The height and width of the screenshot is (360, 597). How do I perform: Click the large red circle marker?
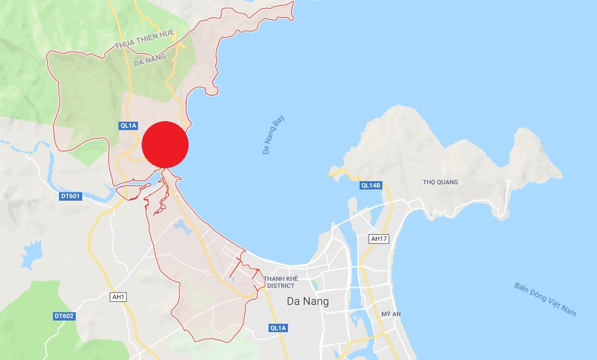[x=165, y=144]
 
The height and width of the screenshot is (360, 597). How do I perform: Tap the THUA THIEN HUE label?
[x=144, y=39]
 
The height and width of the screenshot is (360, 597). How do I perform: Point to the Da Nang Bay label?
[x=273, y=134]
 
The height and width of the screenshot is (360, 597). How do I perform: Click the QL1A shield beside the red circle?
[x=128, y=125]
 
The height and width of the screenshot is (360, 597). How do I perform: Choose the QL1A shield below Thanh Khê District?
[x=278, y=328]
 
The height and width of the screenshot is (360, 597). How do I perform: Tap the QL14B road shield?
[x=371, y=185]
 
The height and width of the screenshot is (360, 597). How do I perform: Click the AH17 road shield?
[x=379, y=239]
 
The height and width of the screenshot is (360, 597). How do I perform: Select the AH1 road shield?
[x=118, y=296]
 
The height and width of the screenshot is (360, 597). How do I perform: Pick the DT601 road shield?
[x=71, y=196]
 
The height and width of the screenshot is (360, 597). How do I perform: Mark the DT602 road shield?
[x=64, y=316]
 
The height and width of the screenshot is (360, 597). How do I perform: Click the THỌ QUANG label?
[x=440, y=182]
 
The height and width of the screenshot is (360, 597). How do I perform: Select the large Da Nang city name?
[x=308, y=301]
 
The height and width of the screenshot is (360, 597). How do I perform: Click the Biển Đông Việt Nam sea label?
[x=545, y=299]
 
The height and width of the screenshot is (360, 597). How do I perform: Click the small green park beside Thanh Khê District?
[x=314, y=285]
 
